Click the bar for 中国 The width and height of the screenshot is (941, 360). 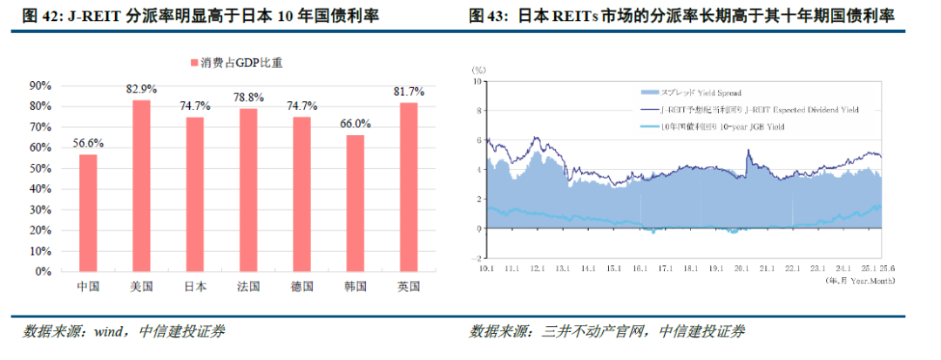88,213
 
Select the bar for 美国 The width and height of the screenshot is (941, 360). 141,186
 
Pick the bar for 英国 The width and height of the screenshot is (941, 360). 409,187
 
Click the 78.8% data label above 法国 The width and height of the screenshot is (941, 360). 248,98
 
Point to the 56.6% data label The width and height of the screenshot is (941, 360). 88,143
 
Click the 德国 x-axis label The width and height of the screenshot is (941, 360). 301,286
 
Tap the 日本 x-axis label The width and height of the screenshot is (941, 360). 195,286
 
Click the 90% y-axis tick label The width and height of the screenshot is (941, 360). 41,85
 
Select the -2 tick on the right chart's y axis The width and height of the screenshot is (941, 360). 477,258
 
